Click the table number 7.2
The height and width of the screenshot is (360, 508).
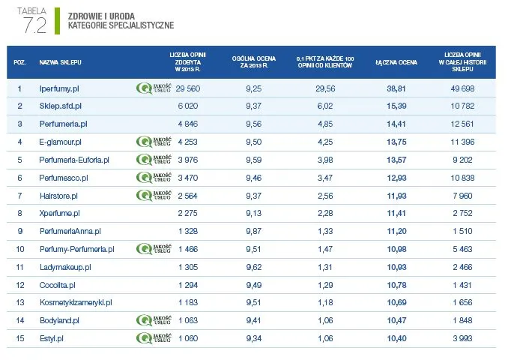click(34, 25)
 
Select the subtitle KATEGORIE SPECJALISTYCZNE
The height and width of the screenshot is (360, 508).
click(120, 25)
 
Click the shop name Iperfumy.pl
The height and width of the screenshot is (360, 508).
click(59, 89)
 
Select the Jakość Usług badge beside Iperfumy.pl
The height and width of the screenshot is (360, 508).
click(154, 89)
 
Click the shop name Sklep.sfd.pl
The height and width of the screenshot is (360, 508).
click(60, 106)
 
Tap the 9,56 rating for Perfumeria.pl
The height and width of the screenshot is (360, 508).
click(253, 124)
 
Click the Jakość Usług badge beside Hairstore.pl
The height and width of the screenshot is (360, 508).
click(154, 195)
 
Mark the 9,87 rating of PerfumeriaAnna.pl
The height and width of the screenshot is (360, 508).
click(253, 231)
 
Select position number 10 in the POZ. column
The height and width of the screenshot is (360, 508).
click(20, 248)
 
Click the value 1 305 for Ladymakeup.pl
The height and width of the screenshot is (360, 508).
click(190, 267)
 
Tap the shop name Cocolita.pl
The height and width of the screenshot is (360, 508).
click(58, 285)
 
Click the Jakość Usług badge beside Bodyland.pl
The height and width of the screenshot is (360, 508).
click(154, 320)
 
